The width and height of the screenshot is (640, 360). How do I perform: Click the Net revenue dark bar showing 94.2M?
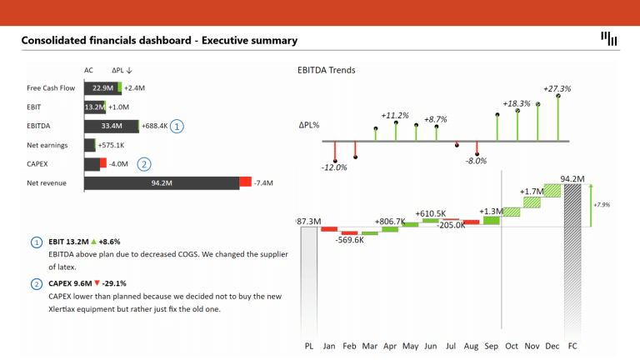click(162, 183)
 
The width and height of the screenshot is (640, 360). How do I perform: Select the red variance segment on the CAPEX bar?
click(103, 162)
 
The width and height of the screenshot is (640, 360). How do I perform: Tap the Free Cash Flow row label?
click(51, 88)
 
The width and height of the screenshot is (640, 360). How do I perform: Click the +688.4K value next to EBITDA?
click(154, 126)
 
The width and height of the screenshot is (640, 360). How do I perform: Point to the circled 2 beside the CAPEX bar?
click(143, 164)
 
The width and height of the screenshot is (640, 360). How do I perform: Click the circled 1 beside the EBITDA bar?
click(177, 126)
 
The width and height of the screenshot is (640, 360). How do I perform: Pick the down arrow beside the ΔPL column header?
click(129, 70)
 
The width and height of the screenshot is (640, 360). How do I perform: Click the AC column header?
click(88, 70)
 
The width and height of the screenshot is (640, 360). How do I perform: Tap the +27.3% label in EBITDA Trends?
click(557, 88)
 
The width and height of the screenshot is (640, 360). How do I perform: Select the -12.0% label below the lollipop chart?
click(334, 167)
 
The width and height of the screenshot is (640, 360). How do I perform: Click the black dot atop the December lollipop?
click(558, 96)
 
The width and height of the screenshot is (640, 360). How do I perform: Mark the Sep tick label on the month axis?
click(492, 346)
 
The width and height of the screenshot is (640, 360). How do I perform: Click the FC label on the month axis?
click(572, 346)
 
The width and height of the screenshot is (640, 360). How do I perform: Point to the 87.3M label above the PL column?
click(309, 221)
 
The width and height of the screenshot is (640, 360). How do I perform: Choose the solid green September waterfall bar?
click(492, 220)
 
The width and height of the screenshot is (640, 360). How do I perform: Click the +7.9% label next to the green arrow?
click(602, 205)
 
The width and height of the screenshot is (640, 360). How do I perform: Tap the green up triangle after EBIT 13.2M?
click(94, 242)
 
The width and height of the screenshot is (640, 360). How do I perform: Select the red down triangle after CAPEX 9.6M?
click(97, 282)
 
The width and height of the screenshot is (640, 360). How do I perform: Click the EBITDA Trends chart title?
click(326, 70)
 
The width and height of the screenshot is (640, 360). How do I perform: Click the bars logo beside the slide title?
click(608, 39)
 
